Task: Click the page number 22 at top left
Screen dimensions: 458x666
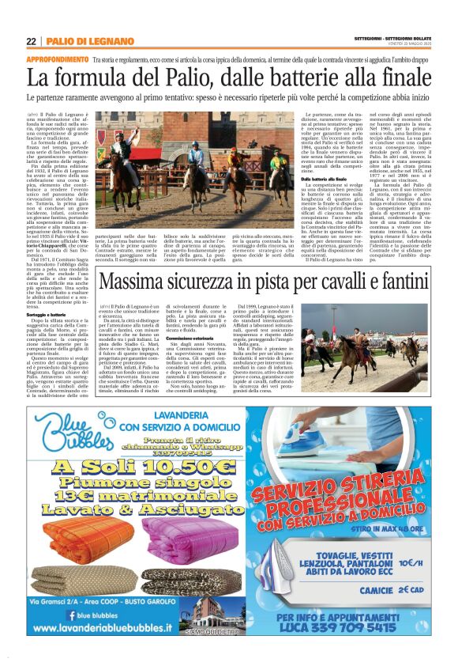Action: [x=31, y=41]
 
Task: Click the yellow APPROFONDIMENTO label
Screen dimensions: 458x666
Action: [x=57, y=59]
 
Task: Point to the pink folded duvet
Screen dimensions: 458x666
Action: [x=190, y=538]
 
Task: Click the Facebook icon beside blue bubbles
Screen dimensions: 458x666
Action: [x=71, y=615]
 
